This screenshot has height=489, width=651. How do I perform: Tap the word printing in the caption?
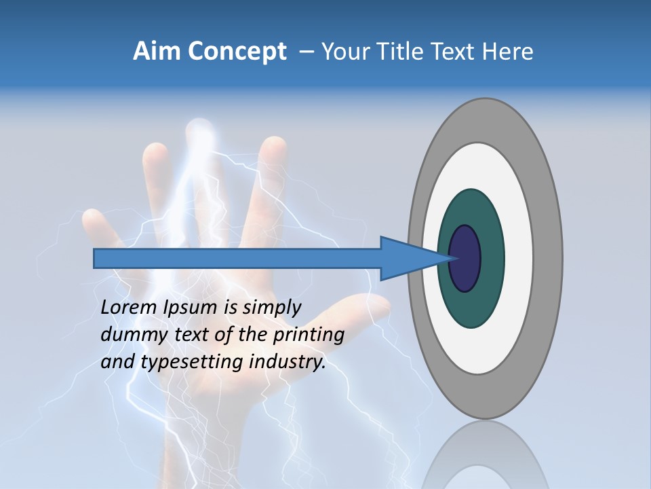[x=309, y=335]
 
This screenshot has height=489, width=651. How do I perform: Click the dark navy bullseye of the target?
[x=465, y=259]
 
